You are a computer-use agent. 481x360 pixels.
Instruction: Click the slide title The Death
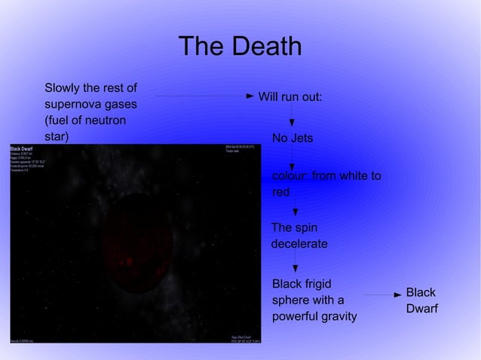(x=240, y=47)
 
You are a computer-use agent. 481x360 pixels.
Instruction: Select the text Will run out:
(x=290, y=97)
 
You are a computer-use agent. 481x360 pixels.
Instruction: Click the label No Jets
(x=292, y=139)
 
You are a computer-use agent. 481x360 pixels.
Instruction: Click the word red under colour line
(x=280, y=193)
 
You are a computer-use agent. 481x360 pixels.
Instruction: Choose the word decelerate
(x=299, y=244)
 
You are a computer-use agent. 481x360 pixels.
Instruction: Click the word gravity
(x=340, y=317)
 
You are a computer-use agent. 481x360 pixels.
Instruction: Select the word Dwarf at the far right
(x=421, y=309)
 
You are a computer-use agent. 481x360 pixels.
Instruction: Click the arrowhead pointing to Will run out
(x=250, y=96)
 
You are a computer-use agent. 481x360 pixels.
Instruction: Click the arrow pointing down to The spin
(x=295, y=212)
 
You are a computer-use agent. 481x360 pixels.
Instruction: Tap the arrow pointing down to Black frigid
(x=295, y=265)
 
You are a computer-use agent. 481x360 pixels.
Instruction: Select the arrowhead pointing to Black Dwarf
(x=397, y=294)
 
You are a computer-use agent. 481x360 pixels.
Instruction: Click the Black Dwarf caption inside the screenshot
(x=21, y=148)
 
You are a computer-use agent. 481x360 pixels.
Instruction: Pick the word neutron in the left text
(x=105, y=121)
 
